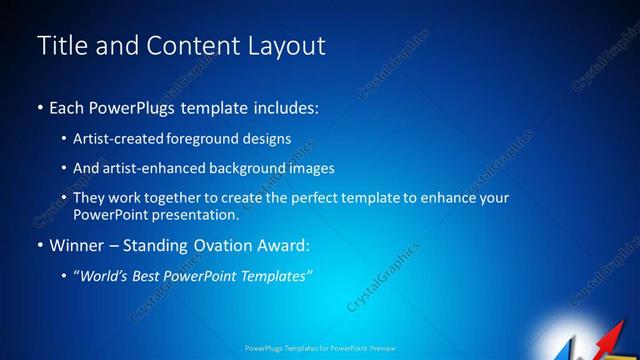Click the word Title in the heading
(x=59, y=46)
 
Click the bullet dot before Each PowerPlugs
(x=40, y=107)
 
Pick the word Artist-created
(x=113, y=139)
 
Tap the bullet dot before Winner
(x=40, y=245)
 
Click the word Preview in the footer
(x=381, y=350)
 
